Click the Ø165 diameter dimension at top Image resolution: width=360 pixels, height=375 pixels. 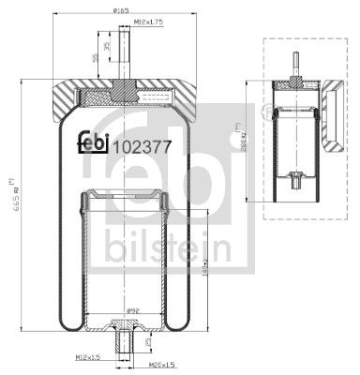120,9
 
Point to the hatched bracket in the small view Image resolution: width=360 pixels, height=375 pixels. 335,122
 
